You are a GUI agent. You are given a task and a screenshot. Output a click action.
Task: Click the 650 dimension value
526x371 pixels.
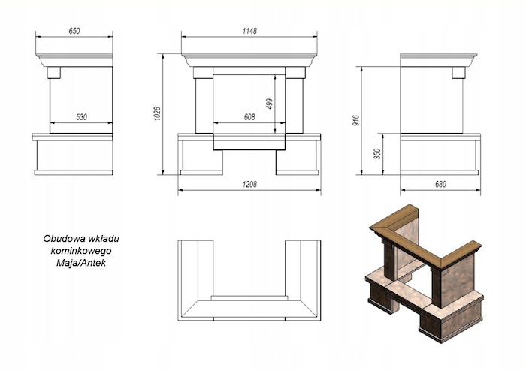(x=73, y=31)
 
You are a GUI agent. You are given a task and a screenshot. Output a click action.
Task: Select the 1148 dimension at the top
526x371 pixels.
(x=250, y=31)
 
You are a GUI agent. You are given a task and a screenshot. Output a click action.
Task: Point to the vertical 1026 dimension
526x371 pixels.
(x=158, y=113)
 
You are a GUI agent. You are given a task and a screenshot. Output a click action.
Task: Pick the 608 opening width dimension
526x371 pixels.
(x=250, y=116)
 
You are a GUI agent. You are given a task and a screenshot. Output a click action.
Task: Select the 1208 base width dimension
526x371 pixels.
(x=250, y=185)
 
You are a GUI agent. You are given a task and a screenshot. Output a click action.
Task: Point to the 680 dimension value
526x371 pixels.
(x=440, y=185)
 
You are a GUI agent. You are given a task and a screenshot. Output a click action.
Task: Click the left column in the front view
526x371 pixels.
(x=204, y=105)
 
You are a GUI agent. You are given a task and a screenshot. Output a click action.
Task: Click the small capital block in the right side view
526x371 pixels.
(x=459, y=72)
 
